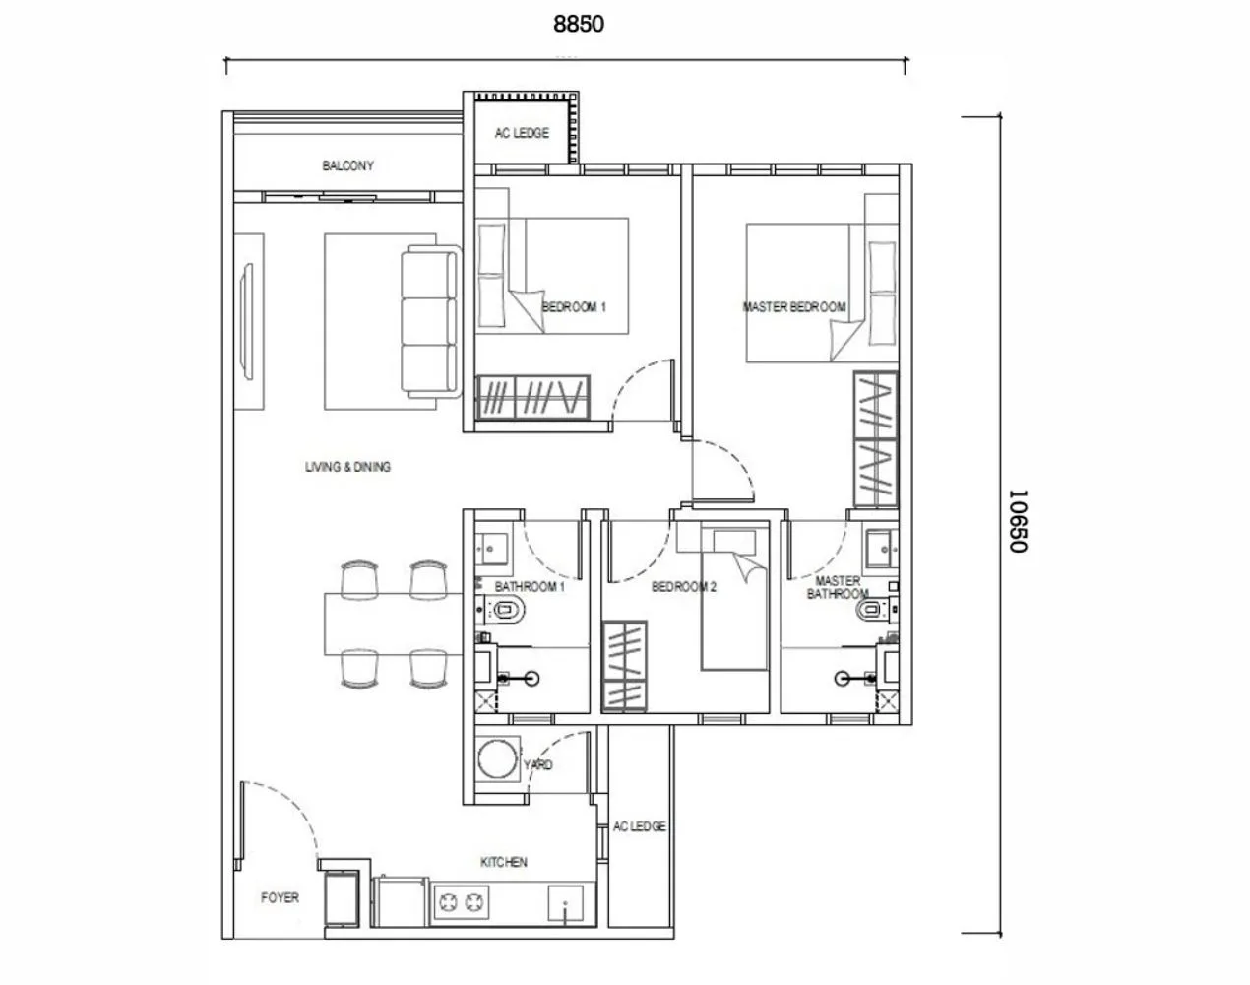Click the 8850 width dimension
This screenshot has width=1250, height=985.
[578, 25]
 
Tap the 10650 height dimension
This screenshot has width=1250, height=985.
[1018, 521]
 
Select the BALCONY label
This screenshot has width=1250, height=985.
[347, 166]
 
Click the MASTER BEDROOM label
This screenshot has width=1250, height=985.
[793, 307]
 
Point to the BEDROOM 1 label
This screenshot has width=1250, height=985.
[574, 307]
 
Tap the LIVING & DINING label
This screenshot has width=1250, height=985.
[347, 467]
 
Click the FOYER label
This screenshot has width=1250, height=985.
[280, 897]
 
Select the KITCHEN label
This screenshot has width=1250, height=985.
[503, 862]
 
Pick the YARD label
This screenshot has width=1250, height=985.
[538, 765]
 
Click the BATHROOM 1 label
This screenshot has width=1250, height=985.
[530, 588]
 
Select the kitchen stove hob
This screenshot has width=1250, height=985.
[463, 901]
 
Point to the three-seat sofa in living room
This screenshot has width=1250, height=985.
[430, 324]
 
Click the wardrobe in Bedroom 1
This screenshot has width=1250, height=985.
[532, 398]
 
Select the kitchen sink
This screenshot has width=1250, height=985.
[567, 902]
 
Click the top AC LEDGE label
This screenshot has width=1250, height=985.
[522, 133]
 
